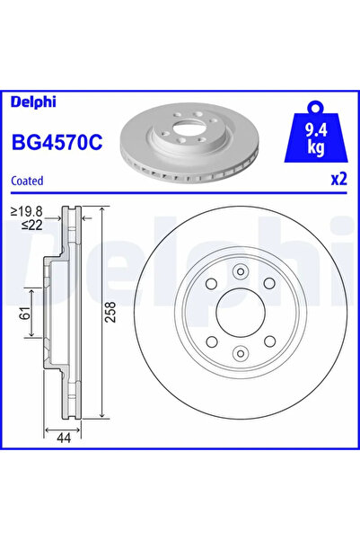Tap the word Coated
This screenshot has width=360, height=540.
(x=27, y=180)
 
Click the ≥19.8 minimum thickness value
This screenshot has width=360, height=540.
(x=28, y=212)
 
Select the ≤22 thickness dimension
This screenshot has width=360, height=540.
(x=31, y=225)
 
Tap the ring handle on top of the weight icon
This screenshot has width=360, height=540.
(x=317, y=106)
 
